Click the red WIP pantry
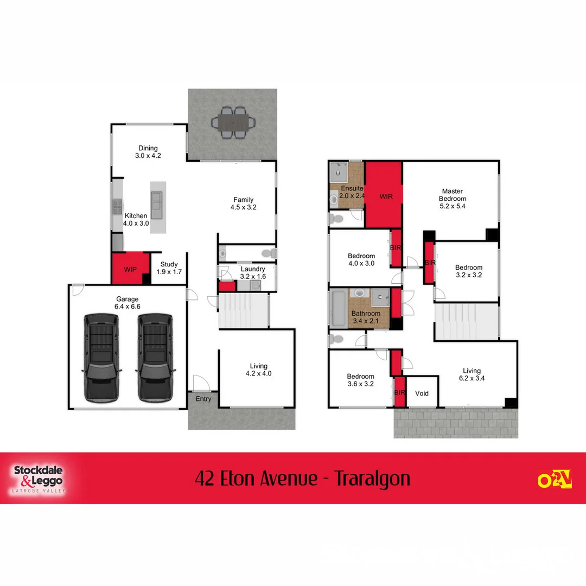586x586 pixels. pyautogui.click(x=130, y=269)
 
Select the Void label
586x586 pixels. pyautogui.click(x=422, y=393)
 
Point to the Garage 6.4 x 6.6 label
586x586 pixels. pyautogui.click(x=128, y=303)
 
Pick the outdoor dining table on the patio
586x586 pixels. pyautogui.click(x=233, y=123)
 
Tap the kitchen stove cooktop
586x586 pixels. pyautogui.click(x=117, y=207)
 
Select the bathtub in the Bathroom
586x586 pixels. pyautogui.click(x=337, y=309)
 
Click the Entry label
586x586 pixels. pyautogui.click(x=203, y=399)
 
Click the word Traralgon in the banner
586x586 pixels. pyautogui.click(x=372, y=479)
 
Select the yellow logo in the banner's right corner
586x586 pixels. pyautogui.click(x=555, y=479)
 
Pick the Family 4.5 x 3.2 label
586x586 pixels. pyautogui.click(x=243, y=203)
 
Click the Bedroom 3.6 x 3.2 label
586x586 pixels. pyautogui.click(x=361, y=380)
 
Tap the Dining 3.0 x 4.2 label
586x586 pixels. pyautogui.click(x=148, y=151)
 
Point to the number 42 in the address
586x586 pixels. pyautogui.click(x=205, y=479)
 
